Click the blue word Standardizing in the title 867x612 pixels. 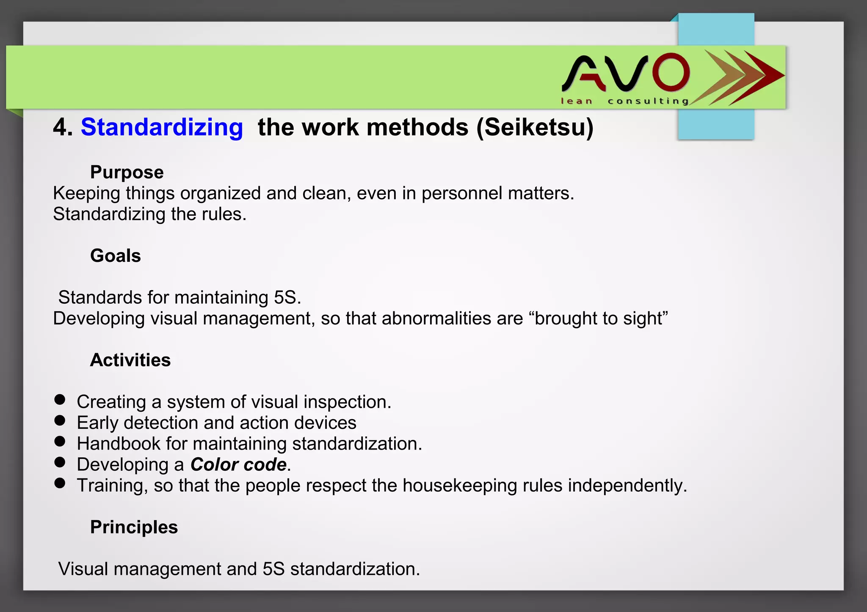tap(162, 127)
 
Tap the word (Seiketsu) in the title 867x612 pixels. tap(535, 127)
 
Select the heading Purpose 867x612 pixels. tap(127, 172)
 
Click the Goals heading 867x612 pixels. tap(115, 255)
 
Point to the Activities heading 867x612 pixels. tap(130, 360)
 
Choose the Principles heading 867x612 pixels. tap(134, 527)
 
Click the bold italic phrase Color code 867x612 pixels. tap(238, 464)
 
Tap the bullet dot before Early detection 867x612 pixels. tap(60, 420)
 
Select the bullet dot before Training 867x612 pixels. tap(60, 483)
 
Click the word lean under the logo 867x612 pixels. tap(576, 101)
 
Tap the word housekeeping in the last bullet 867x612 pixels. tap(460, 486)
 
